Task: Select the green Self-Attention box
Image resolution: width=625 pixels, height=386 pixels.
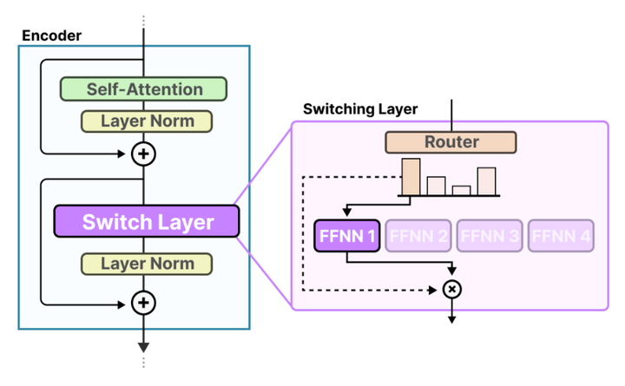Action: (x=143, y=88)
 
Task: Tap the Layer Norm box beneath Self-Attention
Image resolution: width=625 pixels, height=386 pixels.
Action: (x=146, y=121)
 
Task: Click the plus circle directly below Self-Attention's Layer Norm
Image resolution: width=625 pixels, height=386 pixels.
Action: (x=143, y=154)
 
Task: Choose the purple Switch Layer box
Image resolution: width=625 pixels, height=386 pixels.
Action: (x=146, y=221)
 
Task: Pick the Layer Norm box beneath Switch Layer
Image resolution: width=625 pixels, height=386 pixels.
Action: (x=146, y=263)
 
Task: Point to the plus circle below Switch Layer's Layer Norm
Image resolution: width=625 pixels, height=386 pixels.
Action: (x=143, y=302)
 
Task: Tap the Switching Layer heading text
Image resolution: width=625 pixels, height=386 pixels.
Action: (x=360, y=109)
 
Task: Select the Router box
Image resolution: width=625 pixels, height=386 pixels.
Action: (x=451, y=141)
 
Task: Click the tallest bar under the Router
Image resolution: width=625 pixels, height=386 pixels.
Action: (x=411, y=177)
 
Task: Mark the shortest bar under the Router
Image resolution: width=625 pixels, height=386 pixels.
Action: (x=461, y=190)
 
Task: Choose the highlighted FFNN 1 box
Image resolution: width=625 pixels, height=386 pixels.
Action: (x=346, y=236)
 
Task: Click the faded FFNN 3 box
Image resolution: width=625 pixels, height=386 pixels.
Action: (x=490, y=236)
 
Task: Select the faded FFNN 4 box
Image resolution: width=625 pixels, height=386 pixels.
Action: (x=561, y=236)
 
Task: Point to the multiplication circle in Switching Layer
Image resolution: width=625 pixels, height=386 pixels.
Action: (x=451, y=290)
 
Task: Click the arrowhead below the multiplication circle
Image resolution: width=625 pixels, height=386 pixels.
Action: (x=451, y=318)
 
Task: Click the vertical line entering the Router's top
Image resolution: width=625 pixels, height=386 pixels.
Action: (x=451, y=114)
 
